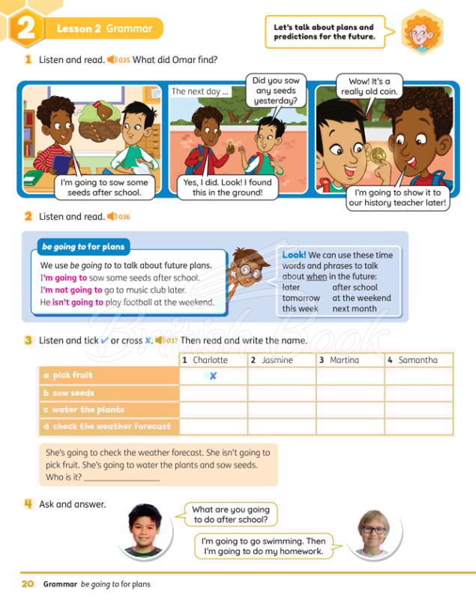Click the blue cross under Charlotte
coord(213,376)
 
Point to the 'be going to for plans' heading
coord(84,246)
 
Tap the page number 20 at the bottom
coord(27,583)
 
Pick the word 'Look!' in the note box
coord(295,255)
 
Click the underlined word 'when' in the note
coord(316,276)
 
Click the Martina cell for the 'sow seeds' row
coord(350,393)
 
